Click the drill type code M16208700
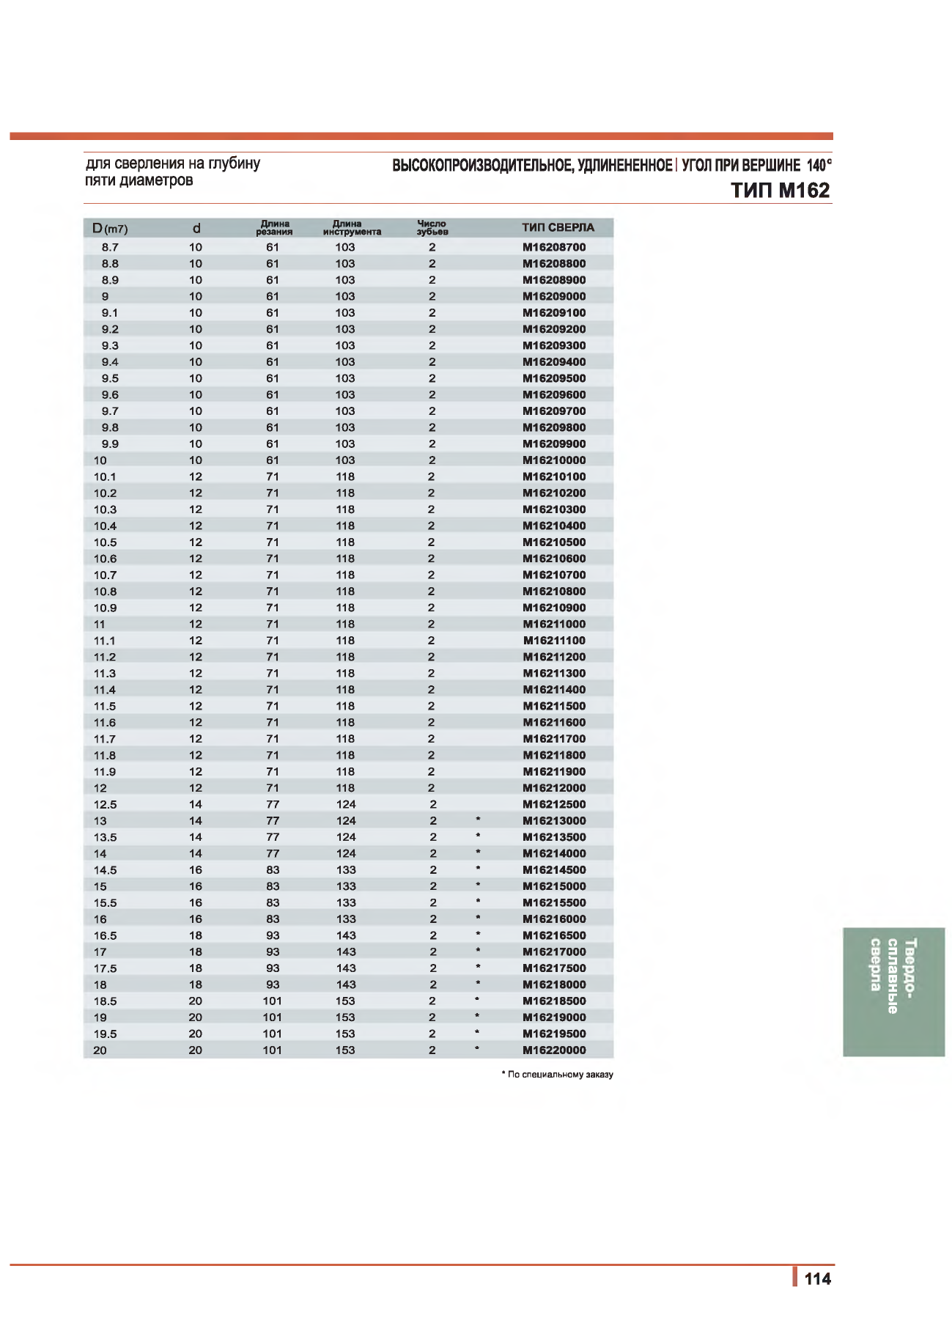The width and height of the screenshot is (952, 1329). [554, 247]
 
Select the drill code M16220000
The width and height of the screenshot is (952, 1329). [554, 1050]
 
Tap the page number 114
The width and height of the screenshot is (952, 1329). [817, 1279]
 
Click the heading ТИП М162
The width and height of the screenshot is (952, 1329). [780, 191]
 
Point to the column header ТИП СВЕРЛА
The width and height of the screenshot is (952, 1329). [558, 227]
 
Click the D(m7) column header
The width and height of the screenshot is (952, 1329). [110, 229]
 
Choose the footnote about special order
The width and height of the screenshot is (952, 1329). [558, 1075]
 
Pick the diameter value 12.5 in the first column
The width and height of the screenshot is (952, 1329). [105, 804]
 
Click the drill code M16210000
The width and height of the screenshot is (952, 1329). [554, 460]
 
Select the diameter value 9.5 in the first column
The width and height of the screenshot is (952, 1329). [110, 378]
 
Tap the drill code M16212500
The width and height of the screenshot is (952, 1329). [554, 804]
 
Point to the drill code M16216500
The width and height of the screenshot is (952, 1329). [554, 935]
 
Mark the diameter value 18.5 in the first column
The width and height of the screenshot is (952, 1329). [105, 1001]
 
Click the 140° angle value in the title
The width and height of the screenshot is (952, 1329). [819, 165]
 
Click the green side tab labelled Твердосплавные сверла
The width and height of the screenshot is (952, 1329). [893, 992]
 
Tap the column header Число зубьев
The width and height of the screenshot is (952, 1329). [432, 227]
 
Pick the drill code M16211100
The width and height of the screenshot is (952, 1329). [554, 641]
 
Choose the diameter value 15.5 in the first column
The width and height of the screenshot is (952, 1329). [105, 902]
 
